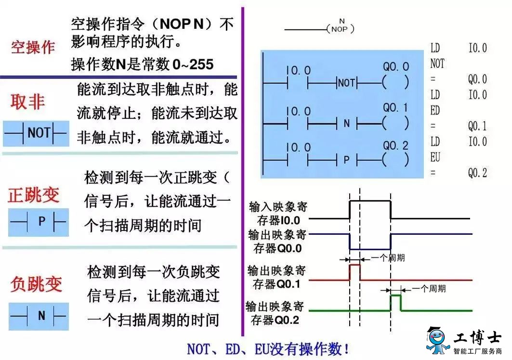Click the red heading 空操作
click(33, 47)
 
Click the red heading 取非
click(27, 102)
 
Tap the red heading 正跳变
click(33, 195)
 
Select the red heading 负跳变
click(36, 283)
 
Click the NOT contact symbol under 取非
click(36, 133)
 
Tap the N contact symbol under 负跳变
click(39, 316)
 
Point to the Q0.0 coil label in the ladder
click(396, 66)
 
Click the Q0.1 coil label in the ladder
click(395, 107)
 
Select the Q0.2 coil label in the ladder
click(395, 145)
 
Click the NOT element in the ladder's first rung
click(346, 83)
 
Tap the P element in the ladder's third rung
click(347, 160)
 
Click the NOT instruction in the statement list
click(437, 64)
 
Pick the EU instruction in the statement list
click(435, 157)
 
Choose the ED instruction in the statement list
click(435, 110)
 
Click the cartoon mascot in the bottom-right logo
click(438, 340)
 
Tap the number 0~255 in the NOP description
click(193, 64)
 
